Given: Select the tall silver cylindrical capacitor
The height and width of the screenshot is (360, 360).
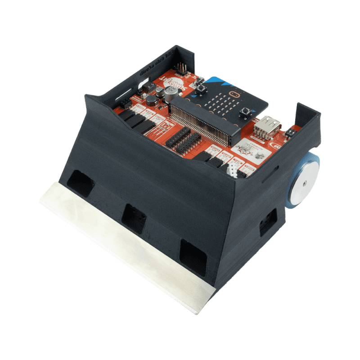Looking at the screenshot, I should (x=170, y=94).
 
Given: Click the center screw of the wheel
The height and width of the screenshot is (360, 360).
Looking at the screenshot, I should (x=305, y=182).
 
